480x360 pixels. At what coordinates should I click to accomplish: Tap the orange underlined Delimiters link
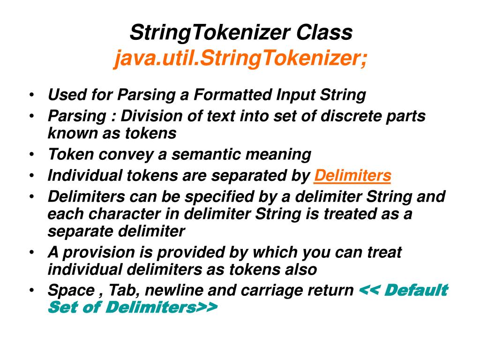point(353,176)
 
